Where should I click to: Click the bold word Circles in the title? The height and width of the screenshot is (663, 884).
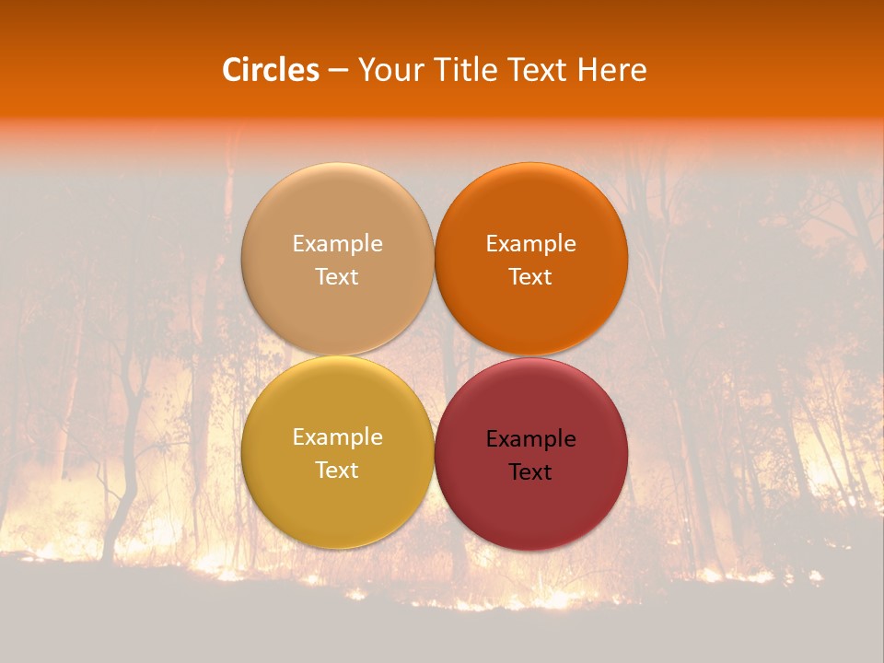tap(270, 70)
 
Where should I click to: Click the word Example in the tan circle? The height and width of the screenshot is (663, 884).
tap(337, 244)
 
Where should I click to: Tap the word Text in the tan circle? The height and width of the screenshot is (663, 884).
tap(337, 276)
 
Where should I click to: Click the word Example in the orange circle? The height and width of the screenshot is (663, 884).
tap(530, 244)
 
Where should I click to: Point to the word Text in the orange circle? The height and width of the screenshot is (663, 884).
tap(530, 276)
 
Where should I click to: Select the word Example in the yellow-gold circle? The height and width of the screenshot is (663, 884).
tap(337, 437)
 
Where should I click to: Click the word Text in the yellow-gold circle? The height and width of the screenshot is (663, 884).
tap(337, 470)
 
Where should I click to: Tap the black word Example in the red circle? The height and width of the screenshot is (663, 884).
tap(530, 439)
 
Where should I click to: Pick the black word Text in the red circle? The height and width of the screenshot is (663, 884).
tap(530, 471)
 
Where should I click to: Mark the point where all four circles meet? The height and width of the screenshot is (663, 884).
tap(434, 355)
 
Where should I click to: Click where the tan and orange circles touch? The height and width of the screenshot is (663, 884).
tap(434, 259)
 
